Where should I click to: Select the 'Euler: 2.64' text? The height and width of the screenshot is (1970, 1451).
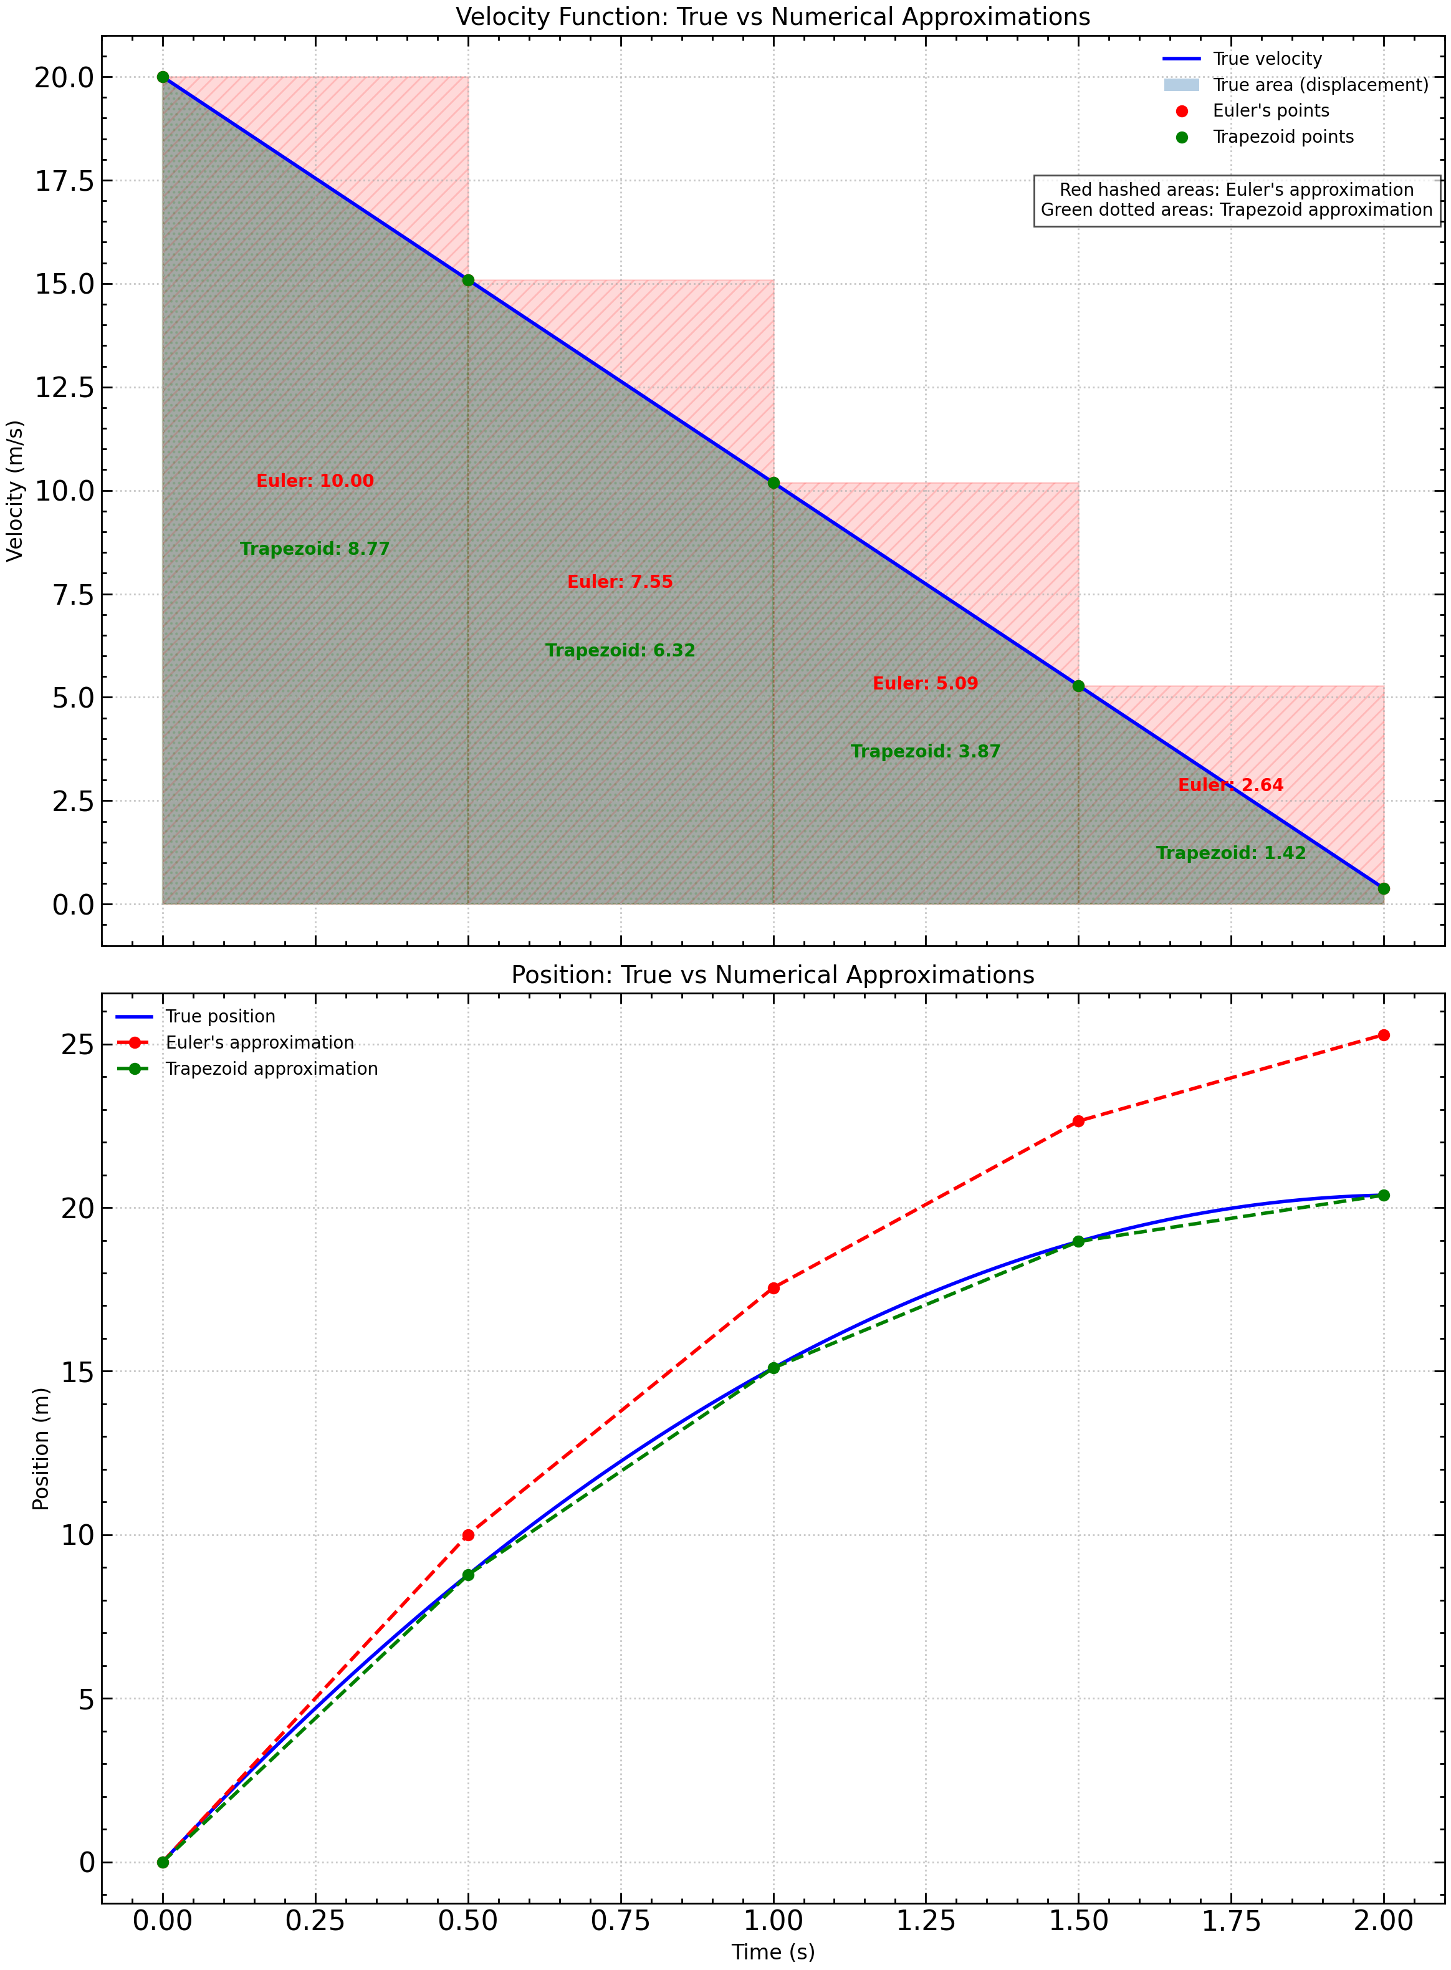(x=1230, y=785)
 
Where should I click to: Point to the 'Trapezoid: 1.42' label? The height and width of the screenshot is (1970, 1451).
(x=1230, y=853)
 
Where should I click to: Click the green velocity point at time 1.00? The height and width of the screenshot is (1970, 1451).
(x=773, y=483)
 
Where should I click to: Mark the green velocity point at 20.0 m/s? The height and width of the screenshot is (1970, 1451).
(x=163, y=77)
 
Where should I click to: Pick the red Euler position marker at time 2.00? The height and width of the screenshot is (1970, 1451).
(x=1383, y=1035)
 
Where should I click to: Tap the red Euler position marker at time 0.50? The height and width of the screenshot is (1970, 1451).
(x=468, y=1535)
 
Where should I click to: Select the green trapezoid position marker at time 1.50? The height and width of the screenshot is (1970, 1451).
(x=1078, y=1241)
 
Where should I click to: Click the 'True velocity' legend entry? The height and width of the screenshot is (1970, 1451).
(x=1266, y=59)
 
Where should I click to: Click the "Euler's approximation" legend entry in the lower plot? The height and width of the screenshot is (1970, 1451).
(x=259, y=1042)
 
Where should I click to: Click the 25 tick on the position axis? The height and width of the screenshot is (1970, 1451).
(x=77, y=1044)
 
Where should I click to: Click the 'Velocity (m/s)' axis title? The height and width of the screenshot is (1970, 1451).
(x=15, y=491)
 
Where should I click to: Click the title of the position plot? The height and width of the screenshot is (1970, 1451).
(x=773, y=975)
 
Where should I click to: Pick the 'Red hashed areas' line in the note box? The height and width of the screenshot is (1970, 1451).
(x=1236, y=190)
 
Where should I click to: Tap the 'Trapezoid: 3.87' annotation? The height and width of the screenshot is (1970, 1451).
(x=925, y=752)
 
